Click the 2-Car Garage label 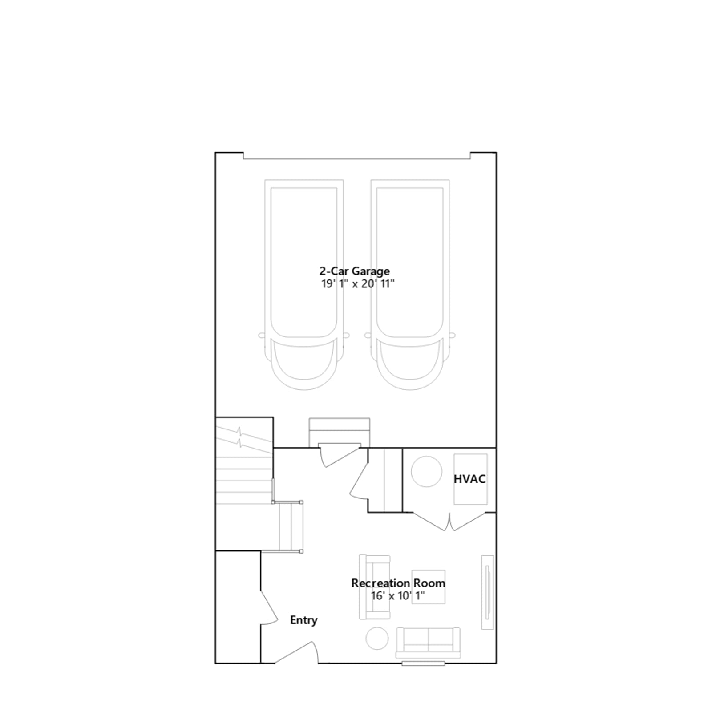point(355,271)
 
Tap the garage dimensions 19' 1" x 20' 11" point(358,284)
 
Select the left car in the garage point(304,285)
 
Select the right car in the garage point(410,285)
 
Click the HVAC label point(469,479)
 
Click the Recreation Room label point(398,583)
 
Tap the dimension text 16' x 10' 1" point(398,596)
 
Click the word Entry point(304,620)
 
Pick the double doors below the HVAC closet point(449,522)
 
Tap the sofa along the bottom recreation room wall point(428,643)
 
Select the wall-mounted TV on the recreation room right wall point(488,592)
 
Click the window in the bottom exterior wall point(423,663)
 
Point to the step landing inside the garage point(340,432)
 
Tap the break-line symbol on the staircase point(240,437)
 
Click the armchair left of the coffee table point(375,587)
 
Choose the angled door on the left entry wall point(269,608)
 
